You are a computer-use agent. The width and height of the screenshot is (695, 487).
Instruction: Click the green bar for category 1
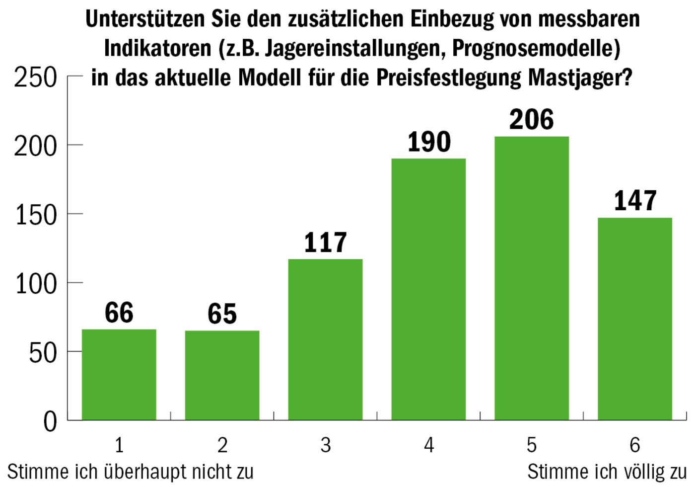119,375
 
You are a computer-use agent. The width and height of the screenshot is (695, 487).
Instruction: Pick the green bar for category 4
428,289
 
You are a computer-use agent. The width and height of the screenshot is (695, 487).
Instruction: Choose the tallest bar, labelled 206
532,278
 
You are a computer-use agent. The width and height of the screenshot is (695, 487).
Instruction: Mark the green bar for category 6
635,319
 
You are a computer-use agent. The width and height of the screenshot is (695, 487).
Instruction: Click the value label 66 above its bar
119,313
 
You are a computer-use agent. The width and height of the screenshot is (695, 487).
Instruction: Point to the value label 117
325,243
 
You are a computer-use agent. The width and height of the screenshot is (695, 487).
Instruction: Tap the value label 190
429,142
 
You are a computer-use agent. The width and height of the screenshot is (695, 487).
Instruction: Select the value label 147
635,201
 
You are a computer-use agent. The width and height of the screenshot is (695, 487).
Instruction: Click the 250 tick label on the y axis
36,78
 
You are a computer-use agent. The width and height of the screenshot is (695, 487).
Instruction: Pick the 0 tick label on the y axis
50,422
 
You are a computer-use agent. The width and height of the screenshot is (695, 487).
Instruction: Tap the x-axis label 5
532,445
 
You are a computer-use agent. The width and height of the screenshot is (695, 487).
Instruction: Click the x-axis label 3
325,445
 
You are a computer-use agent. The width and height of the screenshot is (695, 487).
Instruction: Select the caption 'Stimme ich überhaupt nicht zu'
131,472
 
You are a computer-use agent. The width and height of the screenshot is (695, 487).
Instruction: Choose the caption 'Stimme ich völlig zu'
607,472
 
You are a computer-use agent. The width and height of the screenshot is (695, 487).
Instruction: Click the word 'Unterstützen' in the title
145,19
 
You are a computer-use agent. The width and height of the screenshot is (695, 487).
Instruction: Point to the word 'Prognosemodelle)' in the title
536,49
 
